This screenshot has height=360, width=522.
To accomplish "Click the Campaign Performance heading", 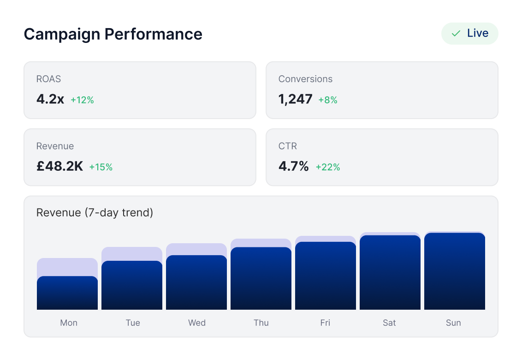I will point(113,34).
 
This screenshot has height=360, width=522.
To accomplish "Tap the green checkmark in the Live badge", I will point(456,34).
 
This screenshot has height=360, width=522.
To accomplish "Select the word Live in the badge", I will point(478,33).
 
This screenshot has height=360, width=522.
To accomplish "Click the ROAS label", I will point(48,79).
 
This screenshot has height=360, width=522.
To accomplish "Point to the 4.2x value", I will point(50,99).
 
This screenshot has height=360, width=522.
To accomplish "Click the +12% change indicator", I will point(82,100).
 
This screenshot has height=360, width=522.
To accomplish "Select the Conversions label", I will point(305,79).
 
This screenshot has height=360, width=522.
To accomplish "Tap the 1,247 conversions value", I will point(296,99).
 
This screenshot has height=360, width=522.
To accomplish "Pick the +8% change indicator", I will point(328,100).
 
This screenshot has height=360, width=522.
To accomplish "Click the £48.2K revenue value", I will point(60,167).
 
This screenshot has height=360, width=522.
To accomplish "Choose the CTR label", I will point(288,146).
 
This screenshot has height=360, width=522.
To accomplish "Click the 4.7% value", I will point(294,167).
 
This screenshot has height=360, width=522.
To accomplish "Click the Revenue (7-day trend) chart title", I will point(95,213).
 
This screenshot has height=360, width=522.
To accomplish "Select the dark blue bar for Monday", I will point(67,293).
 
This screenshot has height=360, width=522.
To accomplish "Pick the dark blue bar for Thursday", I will point(261,279).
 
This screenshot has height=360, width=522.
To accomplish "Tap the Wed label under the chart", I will point(197,323).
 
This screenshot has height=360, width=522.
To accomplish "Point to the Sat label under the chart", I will point(389,323).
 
